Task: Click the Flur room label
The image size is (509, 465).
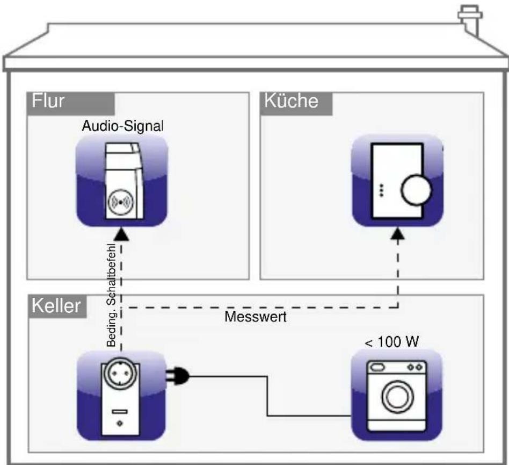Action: click(x=49, y=102)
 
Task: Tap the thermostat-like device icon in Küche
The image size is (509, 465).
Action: click(x=397, y=180)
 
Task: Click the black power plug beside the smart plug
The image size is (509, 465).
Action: click(x=179, y=376)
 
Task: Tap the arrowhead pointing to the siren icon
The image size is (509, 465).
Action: click(x=122, y=233)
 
